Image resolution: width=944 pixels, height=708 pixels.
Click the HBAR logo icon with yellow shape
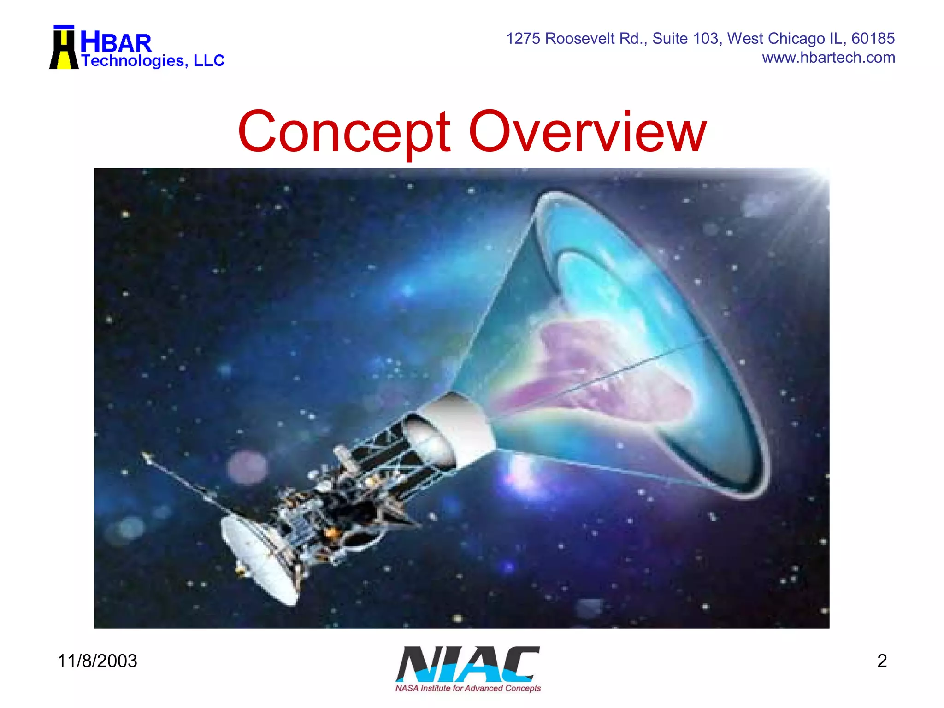[64, 48]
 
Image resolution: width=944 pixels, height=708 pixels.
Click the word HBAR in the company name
[116, 43]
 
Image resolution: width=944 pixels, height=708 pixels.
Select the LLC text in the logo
[209, 60]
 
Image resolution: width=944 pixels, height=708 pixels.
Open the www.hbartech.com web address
[828, 58]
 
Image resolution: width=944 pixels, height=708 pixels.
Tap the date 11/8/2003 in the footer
[97, 661]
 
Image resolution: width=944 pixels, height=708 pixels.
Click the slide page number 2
[882, 661]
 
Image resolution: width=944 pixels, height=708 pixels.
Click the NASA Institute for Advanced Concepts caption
[467, 688]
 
